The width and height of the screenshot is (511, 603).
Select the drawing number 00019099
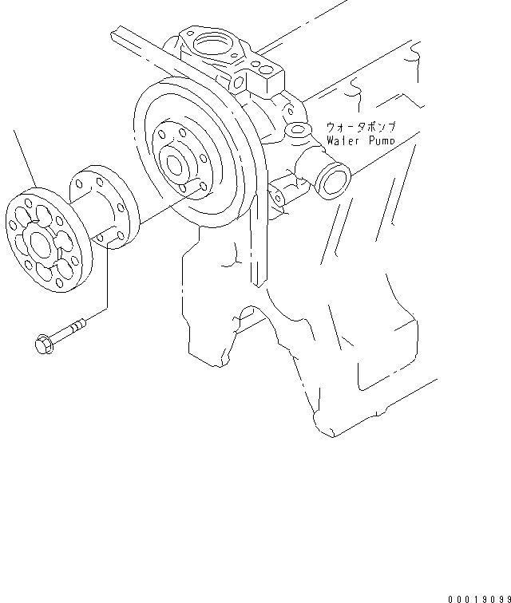point(478,597)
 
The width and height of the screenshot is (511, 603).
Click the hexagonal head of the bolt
point(42,345)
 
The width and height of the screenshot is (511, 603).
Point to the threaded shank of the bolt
point(70,329)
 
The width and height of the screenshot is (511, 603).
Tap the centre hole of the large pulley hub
point(176,163)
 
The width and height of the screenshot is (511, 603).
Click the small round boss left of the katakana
point(299,129)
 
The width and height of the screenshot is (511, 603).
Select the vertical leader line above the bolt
point(106,279)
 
